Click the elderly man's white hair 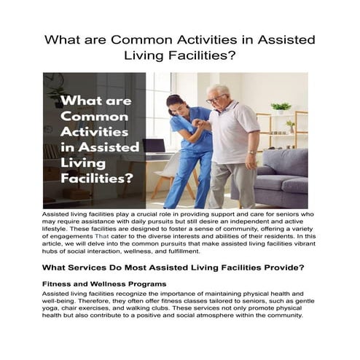pos(222,90)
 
